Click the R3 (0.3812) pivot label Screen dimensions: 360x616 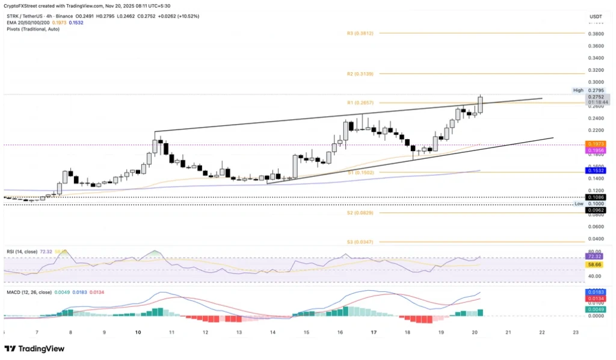360,34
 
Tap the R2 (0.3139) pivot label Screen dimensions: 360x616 360,73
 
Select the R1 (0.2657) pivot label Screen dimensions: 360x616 360,103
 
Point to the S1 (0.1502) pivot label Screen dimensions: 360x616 360,172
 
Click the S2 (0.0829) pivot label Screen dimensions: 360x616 360,213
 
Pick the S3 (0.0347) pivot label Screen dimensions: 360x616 360,241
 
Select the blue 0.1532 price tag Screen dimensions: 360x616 596,170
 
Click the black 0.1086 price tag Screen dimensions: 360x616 596,197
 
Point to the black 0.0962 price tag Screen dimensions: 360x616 596,210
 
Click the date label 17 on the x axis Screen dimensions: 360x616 374,332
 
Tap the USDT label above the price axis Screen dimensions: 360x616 596,17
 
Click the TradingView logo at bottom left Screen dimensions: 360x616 34,349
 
